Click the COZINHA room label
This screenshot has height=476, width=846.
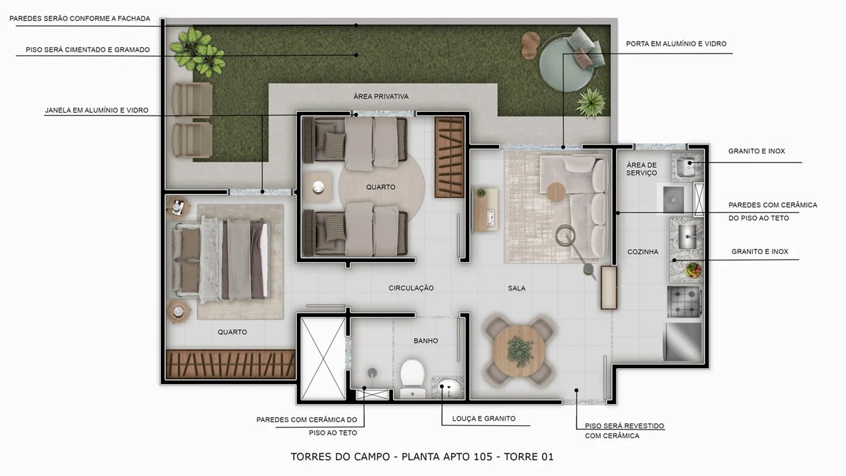642,252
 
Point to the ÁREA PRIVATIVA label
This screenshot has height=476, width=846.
380,97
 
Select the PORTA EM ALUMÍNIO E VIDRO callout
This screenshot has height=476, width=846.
676,44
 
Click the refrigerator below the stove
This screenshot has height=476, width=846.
683,341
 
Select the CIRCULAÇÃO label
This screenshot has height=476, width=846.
411,289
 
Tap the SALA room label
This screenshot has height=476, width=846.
516,289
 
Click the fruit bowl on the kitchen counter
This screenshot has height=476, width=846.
693,269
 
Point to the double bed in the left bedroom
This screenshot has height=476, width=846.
223,258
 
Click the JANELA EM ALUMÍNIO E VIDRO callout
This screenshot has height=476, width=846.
96,110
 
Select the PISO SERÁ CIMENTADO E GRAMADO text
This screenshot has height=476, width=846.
88,50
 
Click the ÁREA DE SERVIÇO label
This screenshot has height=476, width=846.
641,169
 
